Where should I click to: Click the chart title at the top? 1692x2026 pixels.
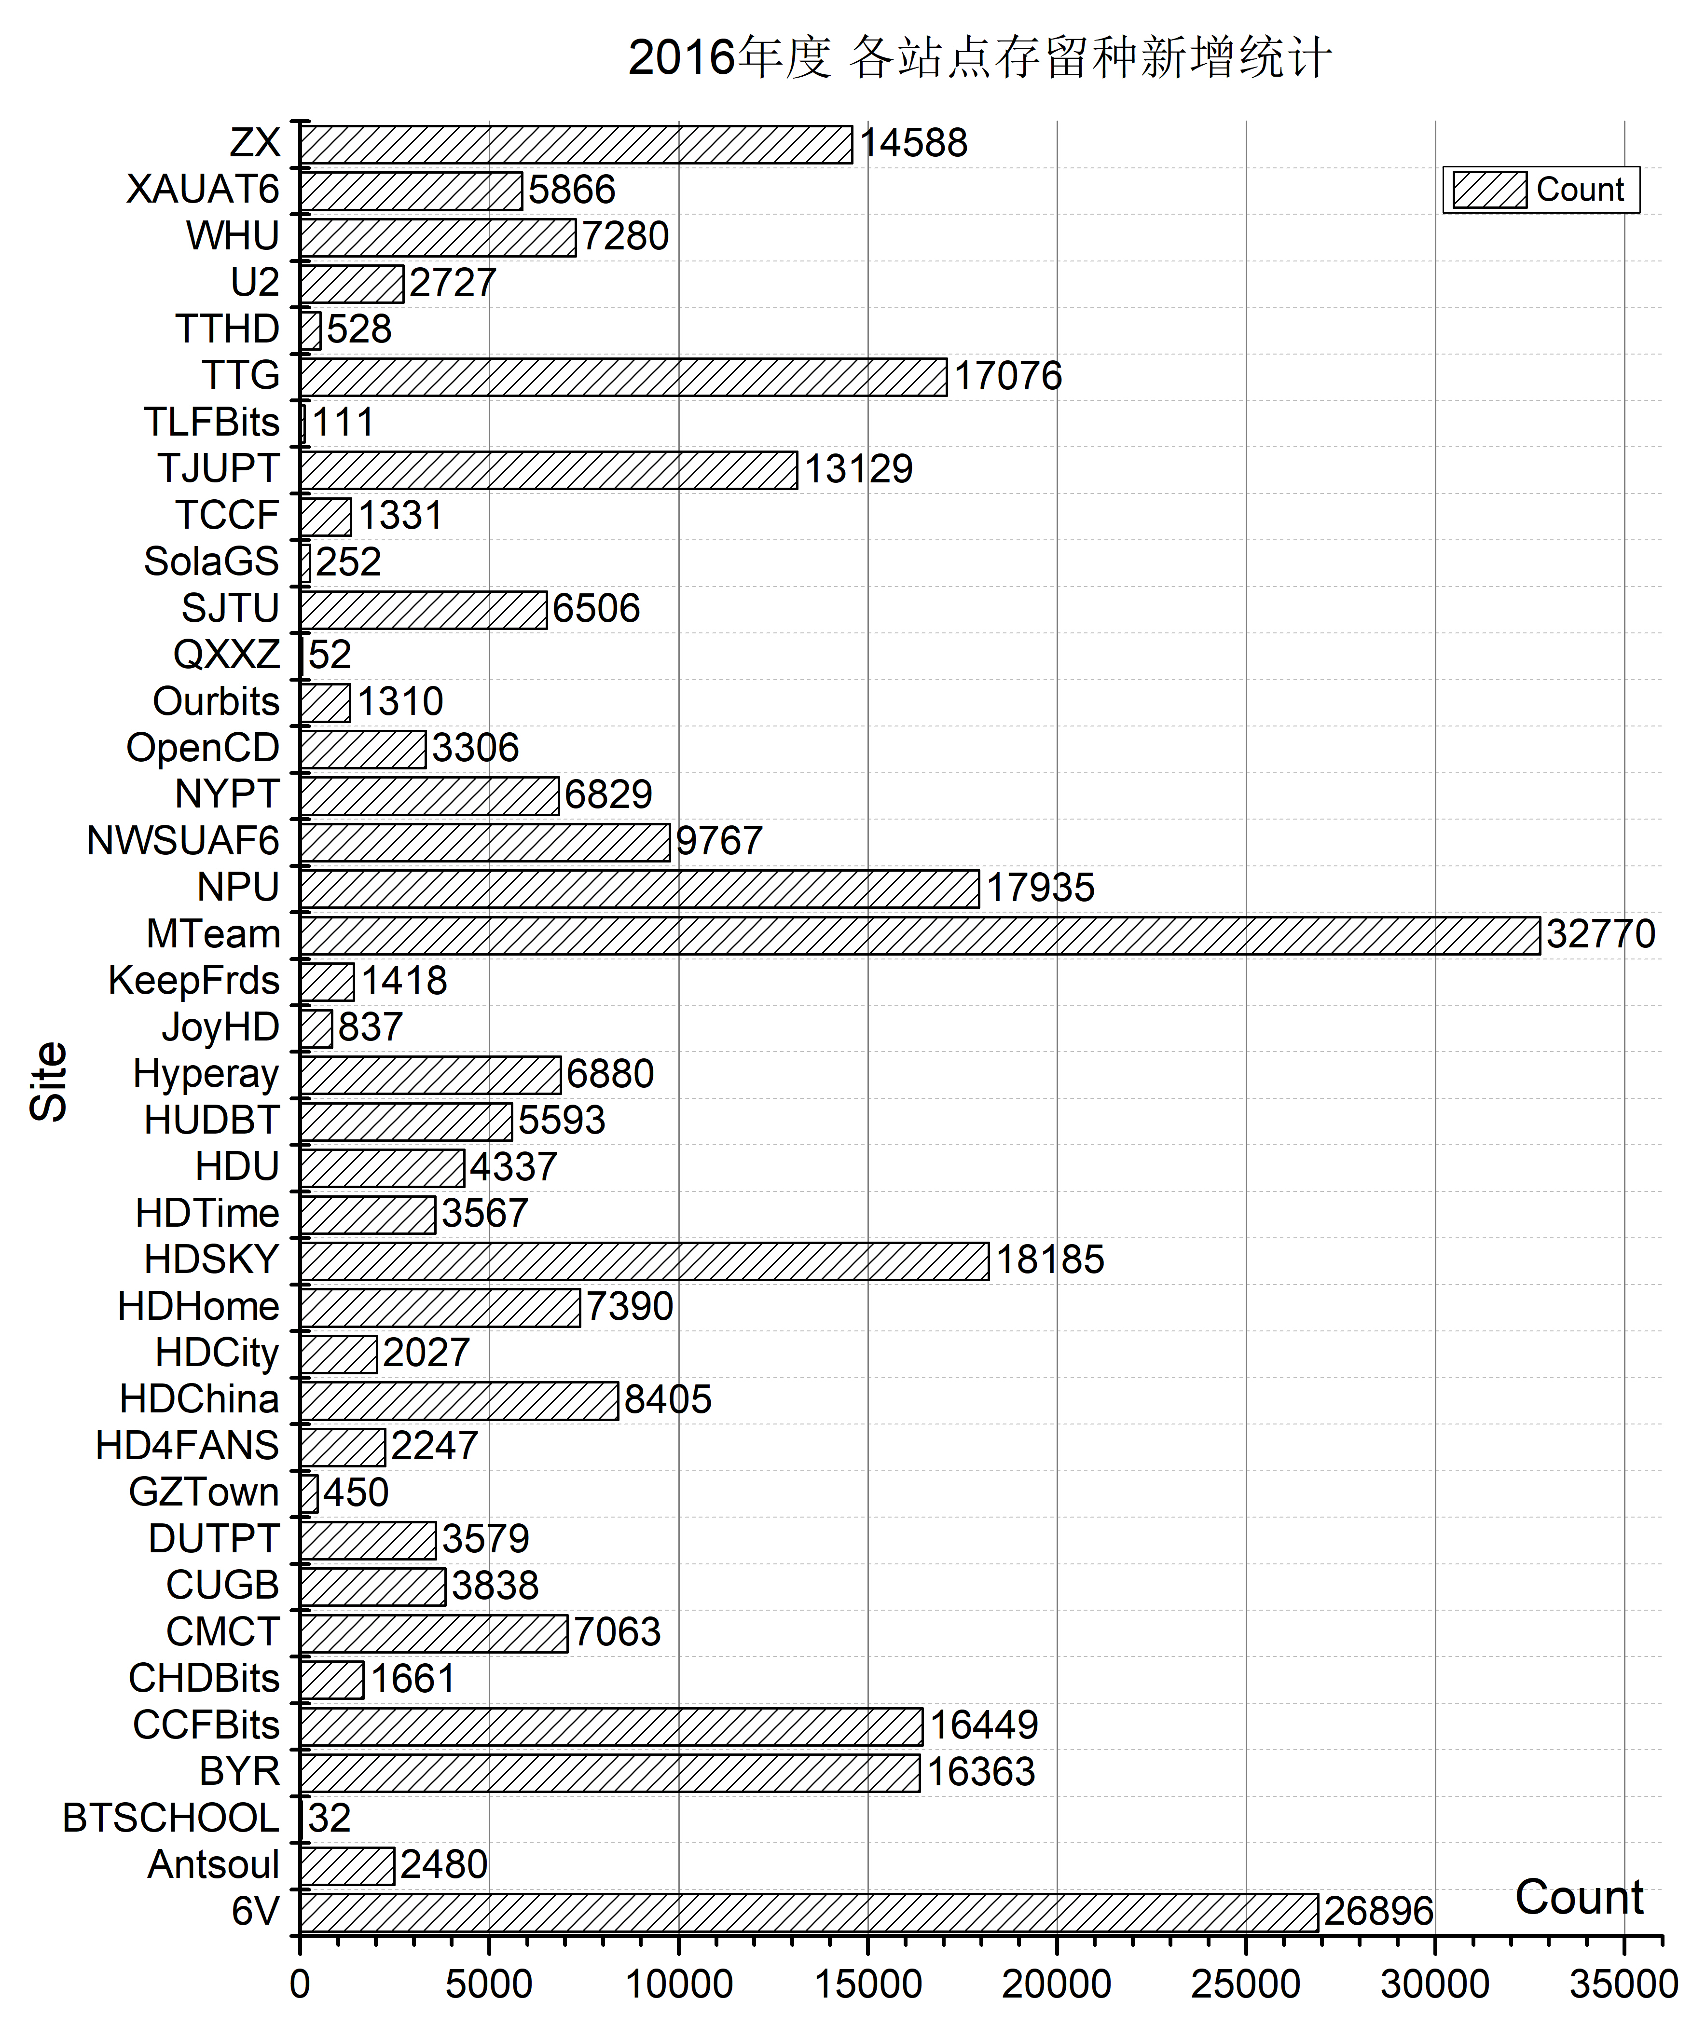pos(979,58)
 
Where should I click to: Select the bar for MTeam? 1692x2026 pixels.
pos(919,935)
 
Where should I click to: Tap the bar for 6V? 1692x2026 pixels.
pos(809,1912)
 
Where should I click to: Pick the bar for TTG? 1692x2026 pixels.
pos(623,376)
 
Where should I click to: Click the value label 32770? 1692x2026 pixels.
pos(1600,934)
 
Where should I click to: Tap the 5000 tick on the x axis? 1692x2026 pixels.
pos(489,1984)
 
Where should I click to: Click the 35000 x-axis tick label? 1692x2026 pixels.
pos(1623,1984)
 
